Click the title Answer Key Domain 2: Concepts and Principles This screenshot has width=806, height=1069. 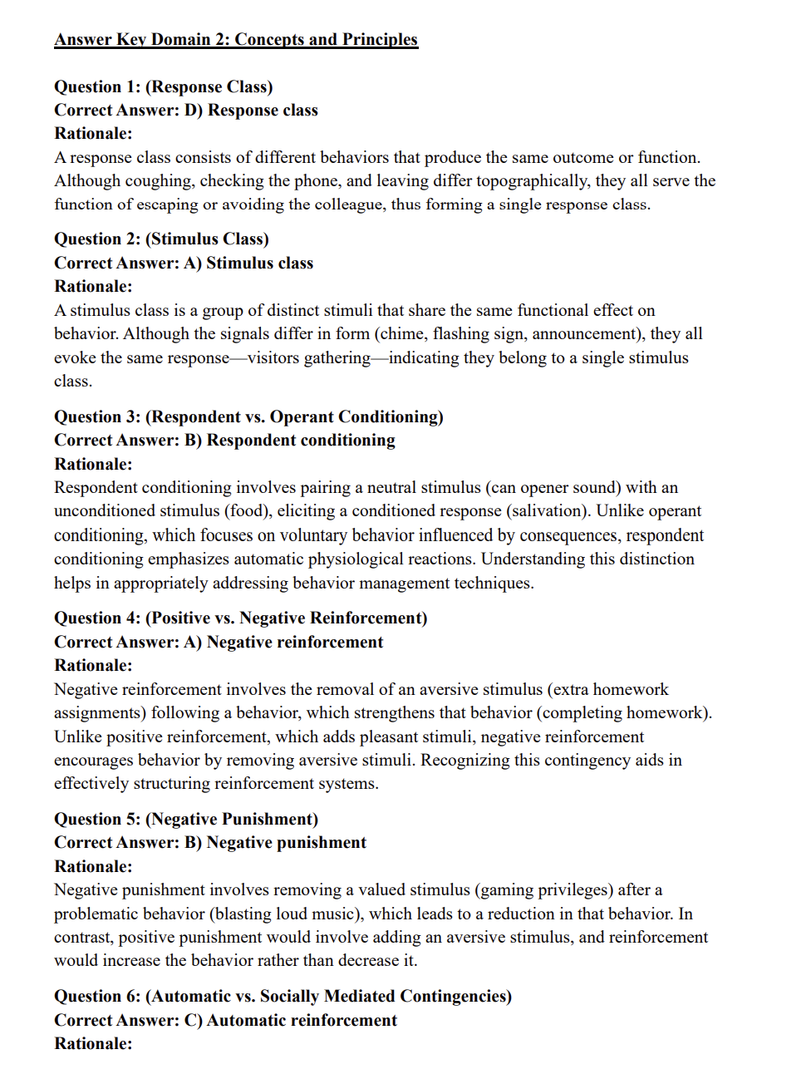coord(236,39)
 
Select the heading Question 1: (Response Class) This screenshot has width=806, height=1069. coord(163,86)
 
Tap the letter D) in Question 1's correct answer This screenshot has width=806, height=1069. coord(193,110)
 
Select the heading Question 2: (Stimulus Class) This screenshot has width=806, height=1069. coord(161,239)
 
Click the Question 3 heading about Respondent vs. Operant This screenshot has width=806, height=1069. coord(248,416)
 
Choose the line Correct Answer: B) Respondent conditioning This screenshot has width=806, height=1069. coord(224,440)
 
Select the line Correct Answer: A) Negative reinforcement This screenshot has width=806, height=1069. coord(219,642)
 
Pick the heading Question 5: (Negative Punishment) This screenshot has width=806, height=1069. coord(186,819)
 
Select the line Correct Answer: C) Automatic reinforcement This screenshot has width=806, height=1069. coord(225,1020)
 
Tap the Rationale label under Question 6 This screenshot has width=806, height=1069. coord(93,1043)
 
